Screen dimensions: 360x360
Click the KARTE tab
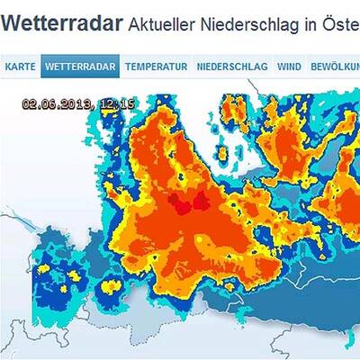[21, 66]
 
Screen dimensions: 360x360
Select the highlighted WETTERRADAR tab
[79, 66]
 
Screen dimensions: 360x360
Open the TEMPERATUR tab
[156, 66]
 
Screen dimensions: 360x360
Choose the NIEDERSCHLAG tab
[231, 66]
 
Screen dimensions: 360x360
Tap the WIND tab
[289, 66]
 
